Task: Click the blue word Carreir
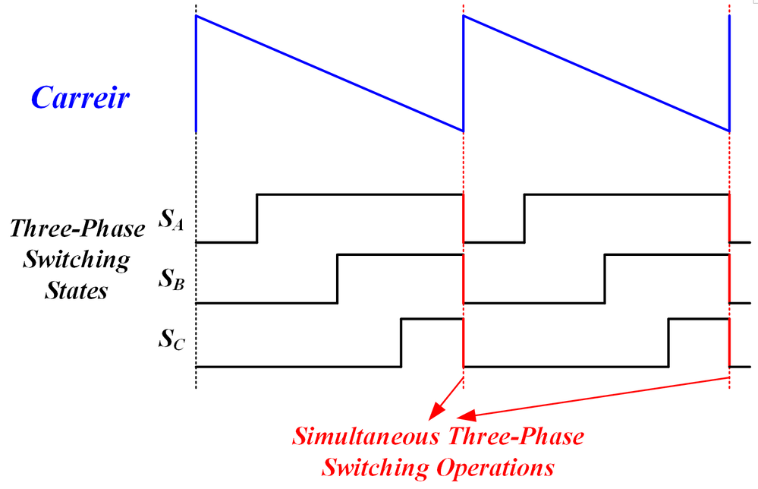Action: (80, 97)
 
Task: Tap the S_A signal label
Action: (171, 219)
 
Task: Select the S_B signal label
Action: (171, 279)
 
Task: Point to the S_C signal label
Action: (171, 339)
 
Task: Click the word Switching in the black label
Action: (77, 260)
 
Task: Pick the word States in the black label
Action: (77, 291)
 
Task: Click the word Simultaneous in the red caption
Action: (366, 437)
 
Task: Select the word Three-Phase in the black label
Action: (77, 229)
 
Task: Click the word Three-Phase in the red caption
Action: (516, 437)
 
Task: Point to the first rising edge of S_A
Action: (256, 218)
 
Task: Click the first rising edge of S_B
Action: (338, 279)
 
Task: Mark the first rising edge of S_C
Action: (401, 343)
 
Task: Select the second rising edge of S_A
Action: (524, 218)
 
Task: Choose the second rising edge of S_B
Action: (605, 279)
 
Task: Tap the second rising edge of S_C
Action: (668, 343)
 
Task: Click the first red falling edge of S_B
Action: (464, 279)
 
